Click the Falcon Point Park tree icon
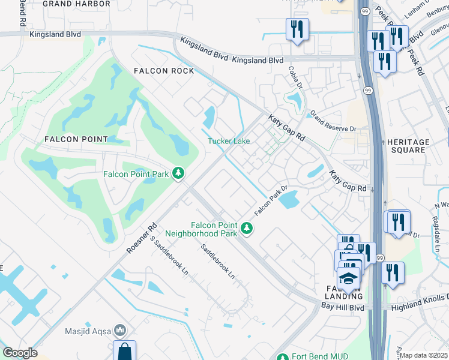coord(178,174)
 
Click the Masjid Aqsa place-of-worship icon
coord(120,331)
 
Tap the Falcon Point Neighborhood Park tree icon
coord(246,228)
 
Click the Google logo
coord(19,353)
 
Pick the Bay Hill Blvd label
coord(342,307)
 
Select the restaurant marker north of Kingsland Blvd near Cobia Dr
coord(297,29)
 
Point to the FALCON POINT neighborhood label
coord(76,139)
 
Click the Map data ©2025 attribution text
coord(424,355)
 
